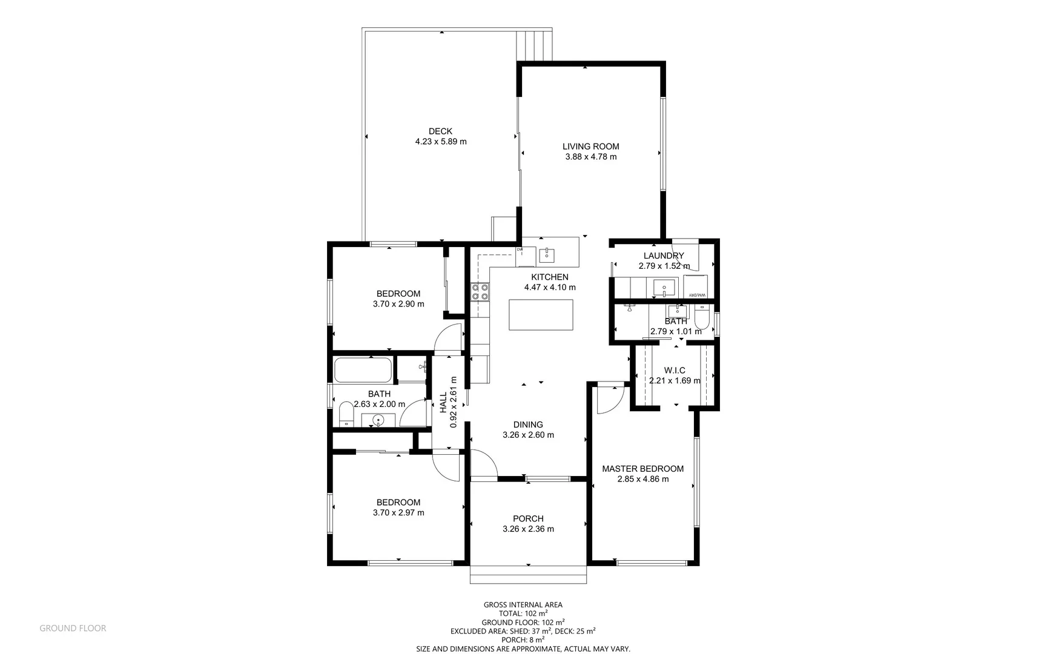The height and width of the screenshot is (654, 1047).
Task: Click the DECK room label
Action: pyautogui.click(x=440, y=131)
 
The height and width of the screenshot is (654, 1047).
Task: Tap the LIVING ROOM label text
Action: pyautogui.click(x=590, y=147)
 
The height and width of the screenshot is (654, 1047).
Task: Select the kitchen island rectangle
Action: pyautogui.click(x=541, y=315)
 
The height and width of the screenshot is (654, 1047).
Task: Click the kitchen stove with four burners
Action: pyautogui.click(x=480, y=292)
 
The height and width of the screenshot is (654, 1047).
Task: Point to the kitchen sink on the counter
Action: pyautogui.click(x=547, y=255)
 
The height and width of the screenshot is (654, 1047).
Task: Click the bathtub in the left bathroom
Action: pyautogui.click(x=363, y=370)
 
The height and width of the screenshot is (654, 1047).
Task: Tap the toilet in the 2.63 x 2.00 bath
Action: pyautogui.click(x=346, y=414)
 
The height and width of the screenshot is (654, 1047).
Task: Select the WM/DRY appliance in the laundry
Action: pyautogui.click(x=695, y=286)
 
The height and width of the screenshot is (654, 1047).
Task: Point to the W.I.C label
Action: pyautogui.click(x=675, y=371)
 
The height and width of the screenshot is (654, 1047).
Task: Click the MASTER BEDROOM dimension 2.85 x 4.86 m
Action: pyautogui.click(x=642, y=479)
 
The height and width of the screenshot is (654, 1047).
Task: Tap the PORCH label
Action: pyautogui.click(x=528, y=519)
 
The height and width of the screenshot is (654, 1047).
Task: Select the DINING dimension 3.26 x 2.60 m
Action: pyautogui.click(x=528, y=435)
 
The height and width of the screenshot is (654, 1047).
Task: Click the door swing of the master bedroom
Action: pyautogui.click(x=610, y=400)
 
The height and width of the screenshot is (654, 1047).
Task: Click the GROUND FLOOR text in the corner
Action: pyautogui.click(x=73, y=629)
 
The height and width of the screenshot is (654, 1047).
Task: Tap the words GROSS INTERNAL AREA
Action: pyautogui.click(x=523, y=604)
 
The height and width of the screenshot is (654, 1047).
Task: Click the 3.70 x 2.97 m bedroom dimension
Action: pyautogui.click(x=398, y=512)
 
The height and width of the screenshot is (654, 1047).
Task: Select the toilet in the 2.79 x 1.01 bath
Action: pyautogui.click(x=702, y=318)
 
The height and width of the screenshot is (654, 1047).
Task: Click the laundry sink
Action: pyautogui.click(x=665, y=286)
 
